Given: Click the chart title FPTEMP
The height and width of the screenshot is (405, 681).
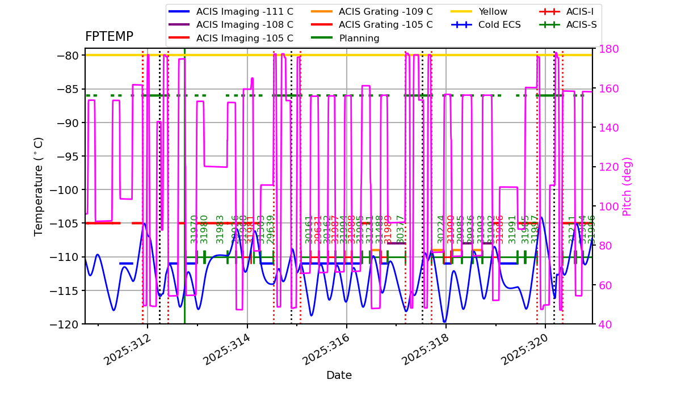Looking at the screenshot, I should pos(109,37).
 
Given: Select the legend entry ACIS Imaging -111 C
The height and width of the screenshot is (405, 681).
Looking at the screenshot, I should pos(245,11).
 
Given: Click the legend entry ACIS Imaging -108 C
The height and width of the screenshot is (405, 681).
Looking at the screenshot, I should pos(245,25).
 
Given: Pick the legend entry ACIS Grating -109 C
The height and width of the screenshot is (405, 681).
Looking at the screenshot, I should pos(385,11).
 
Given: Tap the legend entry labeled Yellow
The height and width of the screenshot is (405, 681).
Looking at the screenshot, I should pos(493,11).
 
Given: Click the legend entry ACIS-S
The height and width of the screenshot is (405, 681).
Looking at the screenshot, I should pos(581,25).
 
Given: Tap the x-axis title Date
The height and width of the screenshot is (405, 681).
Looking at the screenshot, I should pos(339,376).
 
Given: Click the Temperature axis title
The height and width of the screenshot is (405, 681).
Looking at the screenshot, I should pos(39,186).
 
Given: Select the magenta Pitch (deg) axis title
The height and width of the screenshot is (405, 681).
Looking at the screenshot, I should pos(627,186).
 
